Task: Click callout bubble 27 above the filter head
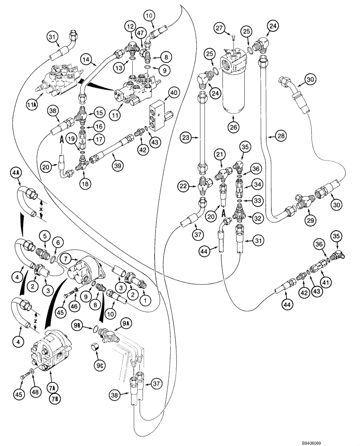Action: [232, 29]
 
